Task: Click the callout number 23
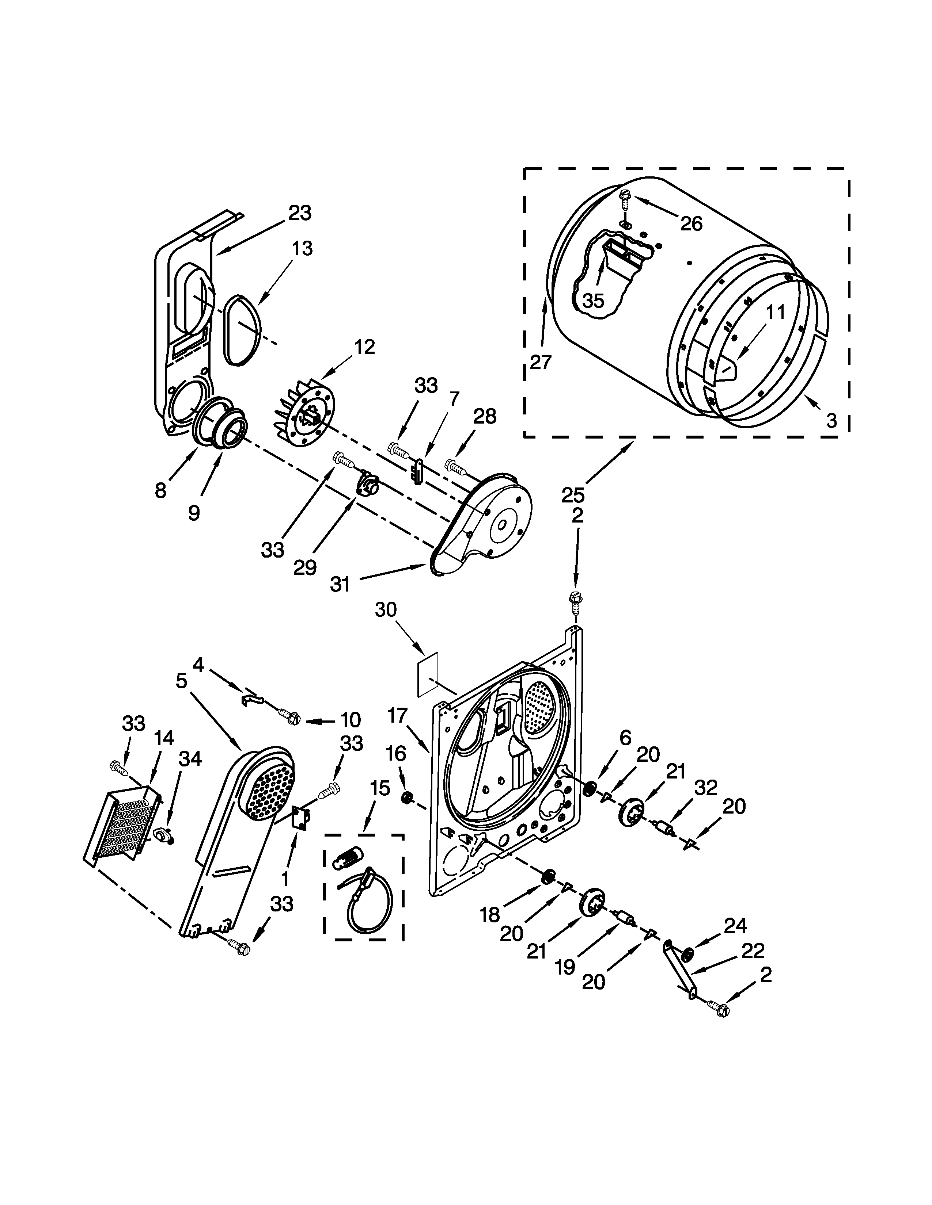click(x=300, y=213)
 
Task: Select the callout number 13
click(x=302, y=248)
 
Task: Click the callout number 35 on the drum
click(x=594, y=300)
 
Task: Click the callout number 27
click(x=541, y=363)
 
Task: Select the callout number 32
click(x=706, y=787)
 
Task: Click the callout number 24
click(x=735, y=925)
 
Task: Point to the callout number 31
click(x=340, y=584)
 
